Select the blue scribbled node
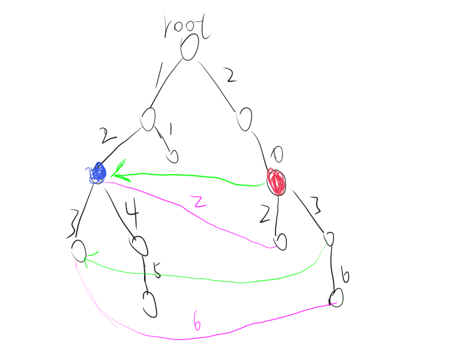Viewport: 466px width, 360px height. coord(98,173)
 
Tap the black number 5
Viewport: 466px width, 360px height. coord(156,270)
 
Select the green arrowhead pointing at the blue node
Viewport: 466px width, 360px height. coord(119,172)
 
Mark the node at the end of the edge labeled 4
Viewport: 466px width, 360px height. coord(139,246)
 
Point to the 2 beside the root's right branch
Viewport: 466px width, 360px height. coord(230,75)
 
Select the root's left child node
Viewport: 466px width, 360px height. coord(148,119)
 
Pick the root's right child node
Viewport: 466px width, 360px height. coord(244,119)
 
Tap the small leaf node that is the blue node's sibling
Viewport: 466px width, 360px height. coord(172,156)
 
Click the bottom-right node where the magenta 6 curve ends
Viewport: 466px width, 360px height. coord(336,297)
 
